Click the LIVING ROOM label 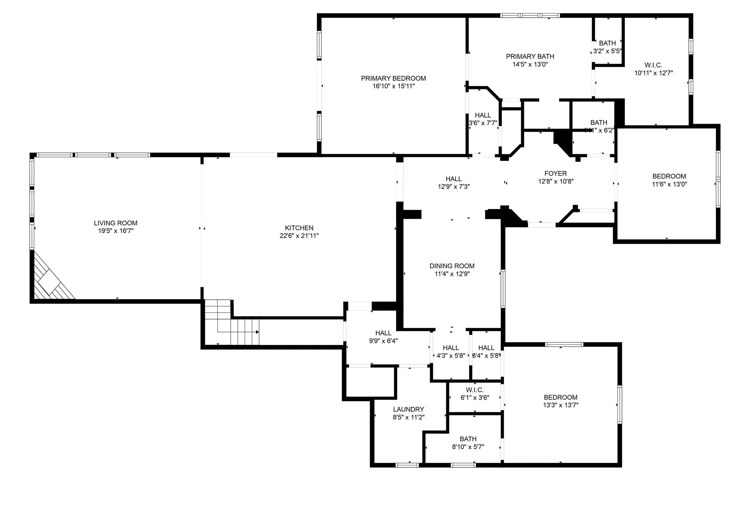(115, 223)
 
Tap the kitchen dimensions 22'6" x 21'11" (299, 236)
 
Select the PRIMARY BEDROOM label (393, 78)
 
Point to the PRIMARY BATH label (530, 56)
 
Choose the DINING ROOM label (452, 266)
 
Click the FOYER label (555, 173)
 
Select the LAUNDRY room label (408, 409)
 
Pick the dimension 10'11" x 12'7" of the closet (653, 73)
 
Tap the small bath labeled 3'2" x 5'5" (607, 47)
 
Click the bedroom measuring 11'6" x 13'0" (669, 180)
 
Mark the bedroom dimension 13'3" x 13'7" (561, 405)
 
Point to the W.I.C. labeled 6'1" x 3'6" (475, 394)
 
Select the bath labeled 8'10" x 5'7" (468, 443)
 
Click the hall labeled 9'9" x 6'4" (383, 337)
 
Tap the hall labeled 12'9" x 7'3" (453, 183)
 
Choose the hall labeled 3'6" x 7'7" (483, 119)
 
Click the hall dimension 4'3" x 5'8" (451, 356)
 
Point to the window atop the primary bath (530, 16)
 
